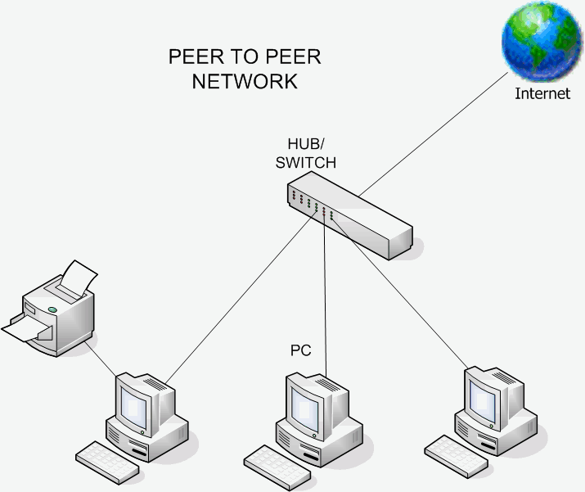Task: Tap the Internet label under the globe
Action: coord(542,93)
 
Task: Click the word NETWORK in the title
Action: coord(244,82)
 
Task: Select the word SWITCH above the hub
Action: coord(305,163)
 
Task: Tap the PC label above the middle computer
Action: coord(301,350)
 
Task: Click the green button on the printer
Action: coord(52,309)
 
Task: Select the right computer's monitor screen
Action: coord(482,390)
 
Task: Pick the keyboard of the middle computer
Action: coord(279,464)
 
